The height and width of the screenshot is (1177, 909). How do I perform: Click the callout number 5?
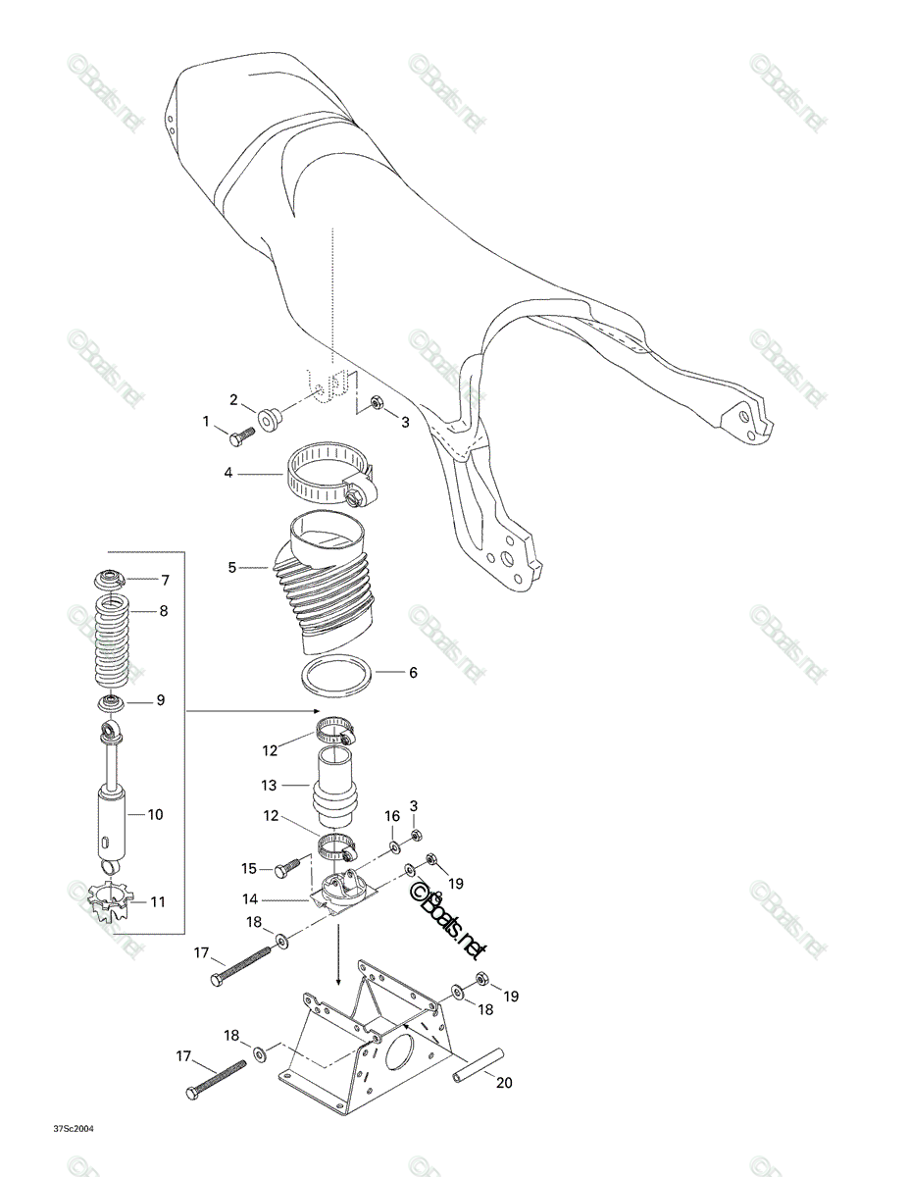(x=231, y=568)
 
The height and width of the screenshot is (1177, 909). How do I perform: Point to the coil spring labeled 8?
(x=112, y=640)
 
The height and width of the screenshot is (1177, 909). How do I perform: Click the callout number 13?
(x=269, y=785)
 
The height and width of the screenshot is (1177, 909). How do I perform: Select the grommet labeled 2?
(x=268, y=421)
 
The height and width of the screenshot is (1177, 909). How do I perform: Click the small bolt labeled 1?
(x=241, y=436)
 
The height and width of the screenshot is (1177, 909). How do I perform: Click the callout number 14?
(x=250, y=899)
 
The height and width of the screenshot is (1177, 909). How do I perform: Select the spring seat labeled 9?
(x=111, y=704)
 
